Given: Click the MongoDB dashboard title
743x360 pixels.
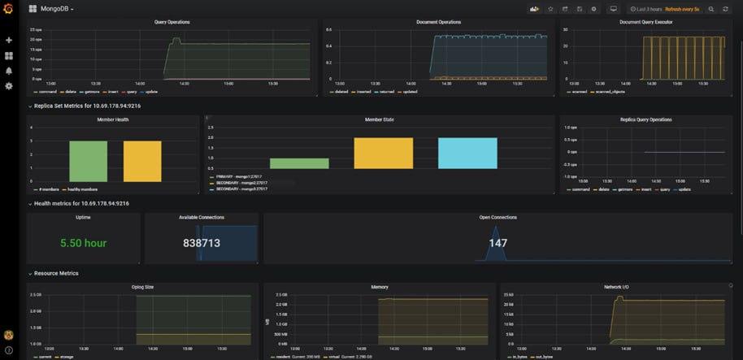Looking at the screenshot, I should pos(55,9).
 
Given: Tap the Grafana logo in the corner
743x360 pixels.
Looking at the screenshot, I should pos(9,9).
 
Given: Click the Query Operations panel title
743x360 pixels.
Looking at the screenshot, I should pos(172,22).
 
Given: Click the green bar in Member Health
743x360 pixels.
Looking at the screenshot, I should pos(88,161).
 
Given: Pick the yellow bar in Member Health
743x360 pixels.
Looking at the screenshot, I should pos(142,161).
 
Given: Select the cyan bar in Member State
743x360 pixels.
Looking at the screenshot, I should pos(467,153).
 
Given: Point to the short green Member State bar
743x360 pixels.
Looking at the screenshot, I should pos(299,163).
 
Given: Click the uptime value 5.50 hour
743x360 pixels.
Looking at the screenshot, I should pos(83,243).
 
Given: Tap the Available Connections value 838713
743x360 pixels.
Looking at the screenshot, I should pos(202,243).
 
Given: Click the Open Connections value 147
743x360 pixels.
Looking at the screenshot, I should pos(498,243).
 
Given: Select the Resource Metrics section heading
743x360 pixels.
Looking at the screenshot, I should pos(56,273).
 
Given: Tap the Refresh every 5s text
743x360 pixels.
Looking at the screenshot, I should pos(682,9).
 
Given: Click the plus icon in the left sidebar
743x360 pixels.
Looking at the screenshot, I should pos(9,40).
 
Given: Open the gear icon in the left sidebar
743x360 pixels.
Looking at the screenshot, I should pos(9,85).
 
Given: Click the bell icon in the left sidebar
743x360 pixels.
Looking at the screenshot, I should pos(9,71).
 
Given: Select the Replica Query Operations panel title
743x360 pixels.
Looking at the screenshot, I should pos(645,119).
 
